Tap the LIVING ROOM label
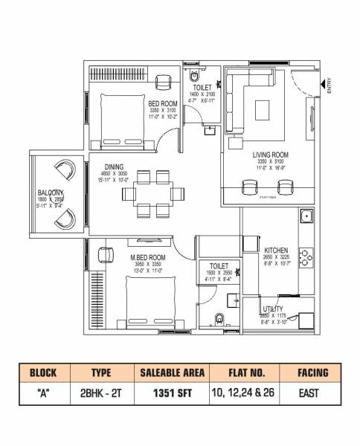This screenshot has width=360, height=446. point(270,155)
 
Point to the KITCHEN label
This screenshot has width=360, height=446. point(275,251)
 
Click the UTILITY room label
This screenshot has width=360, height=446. point(272,308)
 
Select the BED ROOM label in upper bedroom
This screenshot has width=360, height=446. point(161,103)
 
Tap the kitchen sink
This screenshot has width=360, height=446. point(305,217)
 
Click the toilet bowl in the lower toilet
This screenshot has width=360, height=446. point(218,320)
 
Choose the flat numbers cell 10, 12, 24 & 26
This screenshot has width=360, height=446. point(243,392)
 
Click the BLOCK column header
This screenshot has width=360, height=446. point(44,372)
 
